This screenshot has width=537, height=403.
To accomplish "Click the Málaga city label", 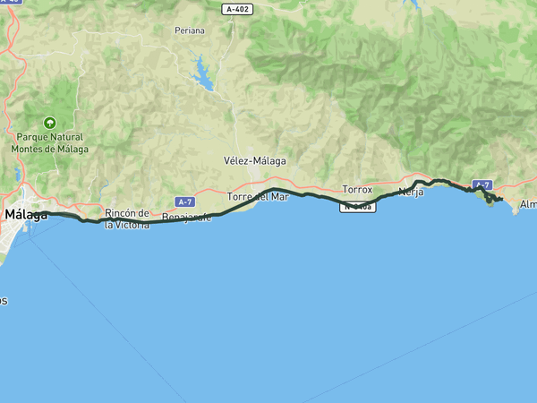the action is [x=26, y=215].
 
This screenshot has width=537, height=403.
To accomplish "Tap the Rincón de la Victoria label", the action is [x=126, y=219].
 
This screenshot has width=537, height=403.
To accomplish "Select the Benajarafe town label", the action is [x=186, y=218].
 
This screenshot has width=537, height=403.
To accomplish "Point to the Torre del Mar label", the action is [x=258, y=196].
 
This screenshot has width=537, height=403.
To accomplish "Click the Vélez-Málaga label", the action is [x=254, y=161].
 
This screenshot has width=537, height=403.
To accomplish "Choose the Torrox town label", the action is [x=357, y=190].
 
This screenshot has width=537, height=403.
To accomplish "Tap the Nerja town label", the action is [x=411, y=192].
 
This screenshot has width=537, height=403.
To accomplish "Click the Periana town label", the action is [x=190, y=30].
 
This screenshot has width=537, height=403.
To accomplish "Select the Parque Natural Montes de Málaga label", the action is [x=50, y=143].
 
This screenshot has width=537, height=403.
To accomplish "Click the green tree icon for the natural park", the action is [x=50, y=124].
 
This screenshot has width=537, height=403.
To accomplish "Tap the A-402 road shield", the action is [x=236, y=8].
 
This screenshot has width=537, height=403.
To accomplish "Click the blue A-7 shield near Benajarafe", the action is [x=185, y=201].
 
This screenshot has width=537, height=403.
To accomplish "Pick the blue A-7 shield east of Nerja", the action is [x=483, y=184].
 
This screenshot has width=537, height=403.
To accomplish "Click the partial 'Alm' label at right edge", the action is [x=527, y=205].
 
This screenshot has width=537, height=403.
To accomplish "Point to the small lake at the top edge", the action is [x=413, y=3].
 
